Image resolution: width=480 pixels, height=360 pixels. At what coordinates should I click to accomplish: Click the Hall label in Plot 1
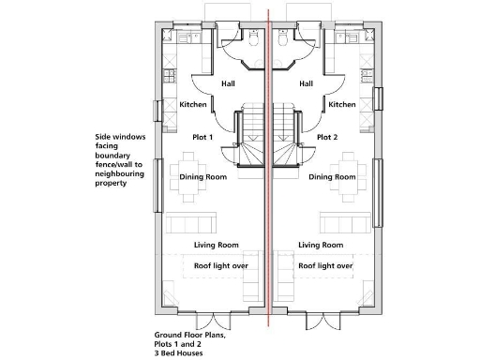[x=228, y=83]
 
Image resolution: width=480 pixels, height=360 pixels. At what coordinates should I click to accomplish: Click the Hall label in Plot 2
[x=306, y=83]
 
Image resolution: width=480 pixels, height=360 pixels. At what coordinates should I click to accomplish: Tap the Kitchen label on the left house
[x=192, y=105]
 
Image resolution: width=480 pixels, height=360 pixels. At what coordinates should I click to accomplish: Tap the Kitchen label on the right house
[x=342, y=105]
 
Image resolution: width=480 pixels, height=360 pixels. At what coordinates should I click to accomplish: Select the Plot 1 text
[x=203, y=137]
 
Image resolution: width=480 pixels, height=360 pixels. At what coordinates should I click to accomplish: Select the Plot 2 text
[x=326, y=137]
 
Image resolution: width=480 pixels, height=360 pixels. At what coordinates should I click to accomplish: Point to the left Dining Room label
[x=203, y=176]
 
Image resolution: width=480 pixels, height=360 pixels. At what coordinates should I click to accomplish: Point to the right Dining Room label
[x=332, y=176]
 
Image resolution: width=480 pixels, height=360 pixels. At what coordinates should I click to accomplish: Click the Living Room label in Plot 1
[x=217, y=245]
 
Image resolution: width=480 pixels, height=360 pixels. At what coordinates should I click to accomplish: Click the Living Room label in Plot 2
[x=321, y=245]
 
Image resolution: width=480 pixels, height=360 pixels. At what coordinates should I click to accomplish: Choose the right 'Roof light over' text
[x=325, y=265]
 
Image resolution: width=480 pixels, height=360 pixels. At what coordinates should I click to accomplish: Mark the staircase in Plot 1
[x=249, y=131]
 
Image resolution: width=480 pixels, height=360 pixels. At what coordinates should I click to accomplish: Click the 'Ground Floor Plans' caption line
[x=190, y=334]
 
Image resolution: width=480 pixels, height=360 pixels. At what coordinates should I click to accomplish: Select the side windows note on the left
[x=125, y=159]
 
